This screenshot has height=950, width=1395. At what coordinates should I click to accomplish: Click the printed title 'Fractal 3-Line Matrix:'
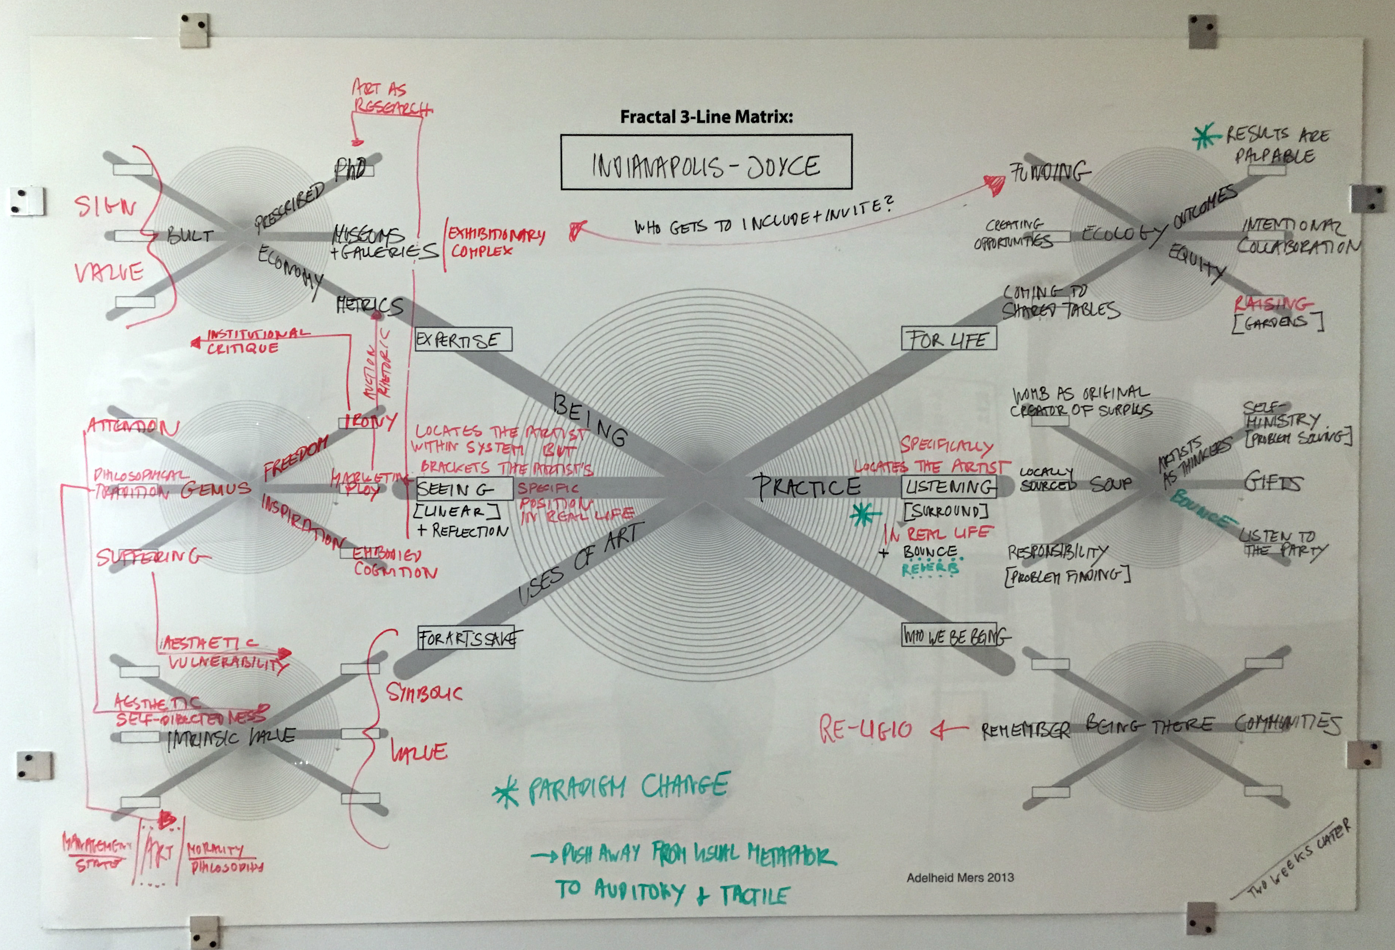point(706,116)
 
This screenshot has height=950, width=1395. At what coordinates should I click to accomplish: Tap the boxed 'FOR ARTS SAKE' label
point(469,638)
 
